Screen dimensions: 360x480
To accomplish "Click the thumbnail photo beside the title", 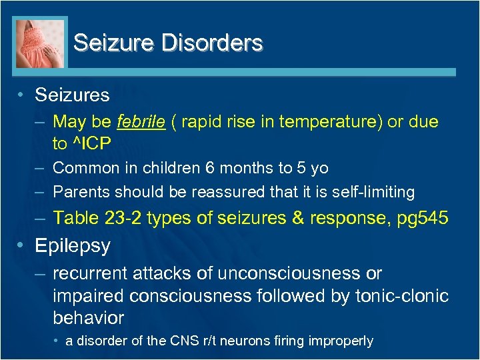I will [x=40, y=43].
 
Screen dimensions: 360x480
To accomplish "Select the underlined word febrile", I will [x=141, y=122].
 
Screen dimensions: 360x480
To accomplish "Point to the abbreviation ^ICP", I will [x=89, y=143].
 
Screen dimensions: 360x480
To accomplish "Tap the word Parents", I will [x=81, y=193].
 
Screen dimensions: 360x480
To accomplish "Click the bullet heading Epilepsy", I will [x=73, y=246].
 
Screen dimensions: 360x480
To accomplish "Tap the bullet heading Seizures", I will [x=72, y=95].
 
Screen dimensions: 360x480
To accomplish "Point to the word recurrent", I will [x=89, y=274].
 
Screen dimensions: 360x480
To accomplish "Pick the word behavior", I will [x=89, y=317].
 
